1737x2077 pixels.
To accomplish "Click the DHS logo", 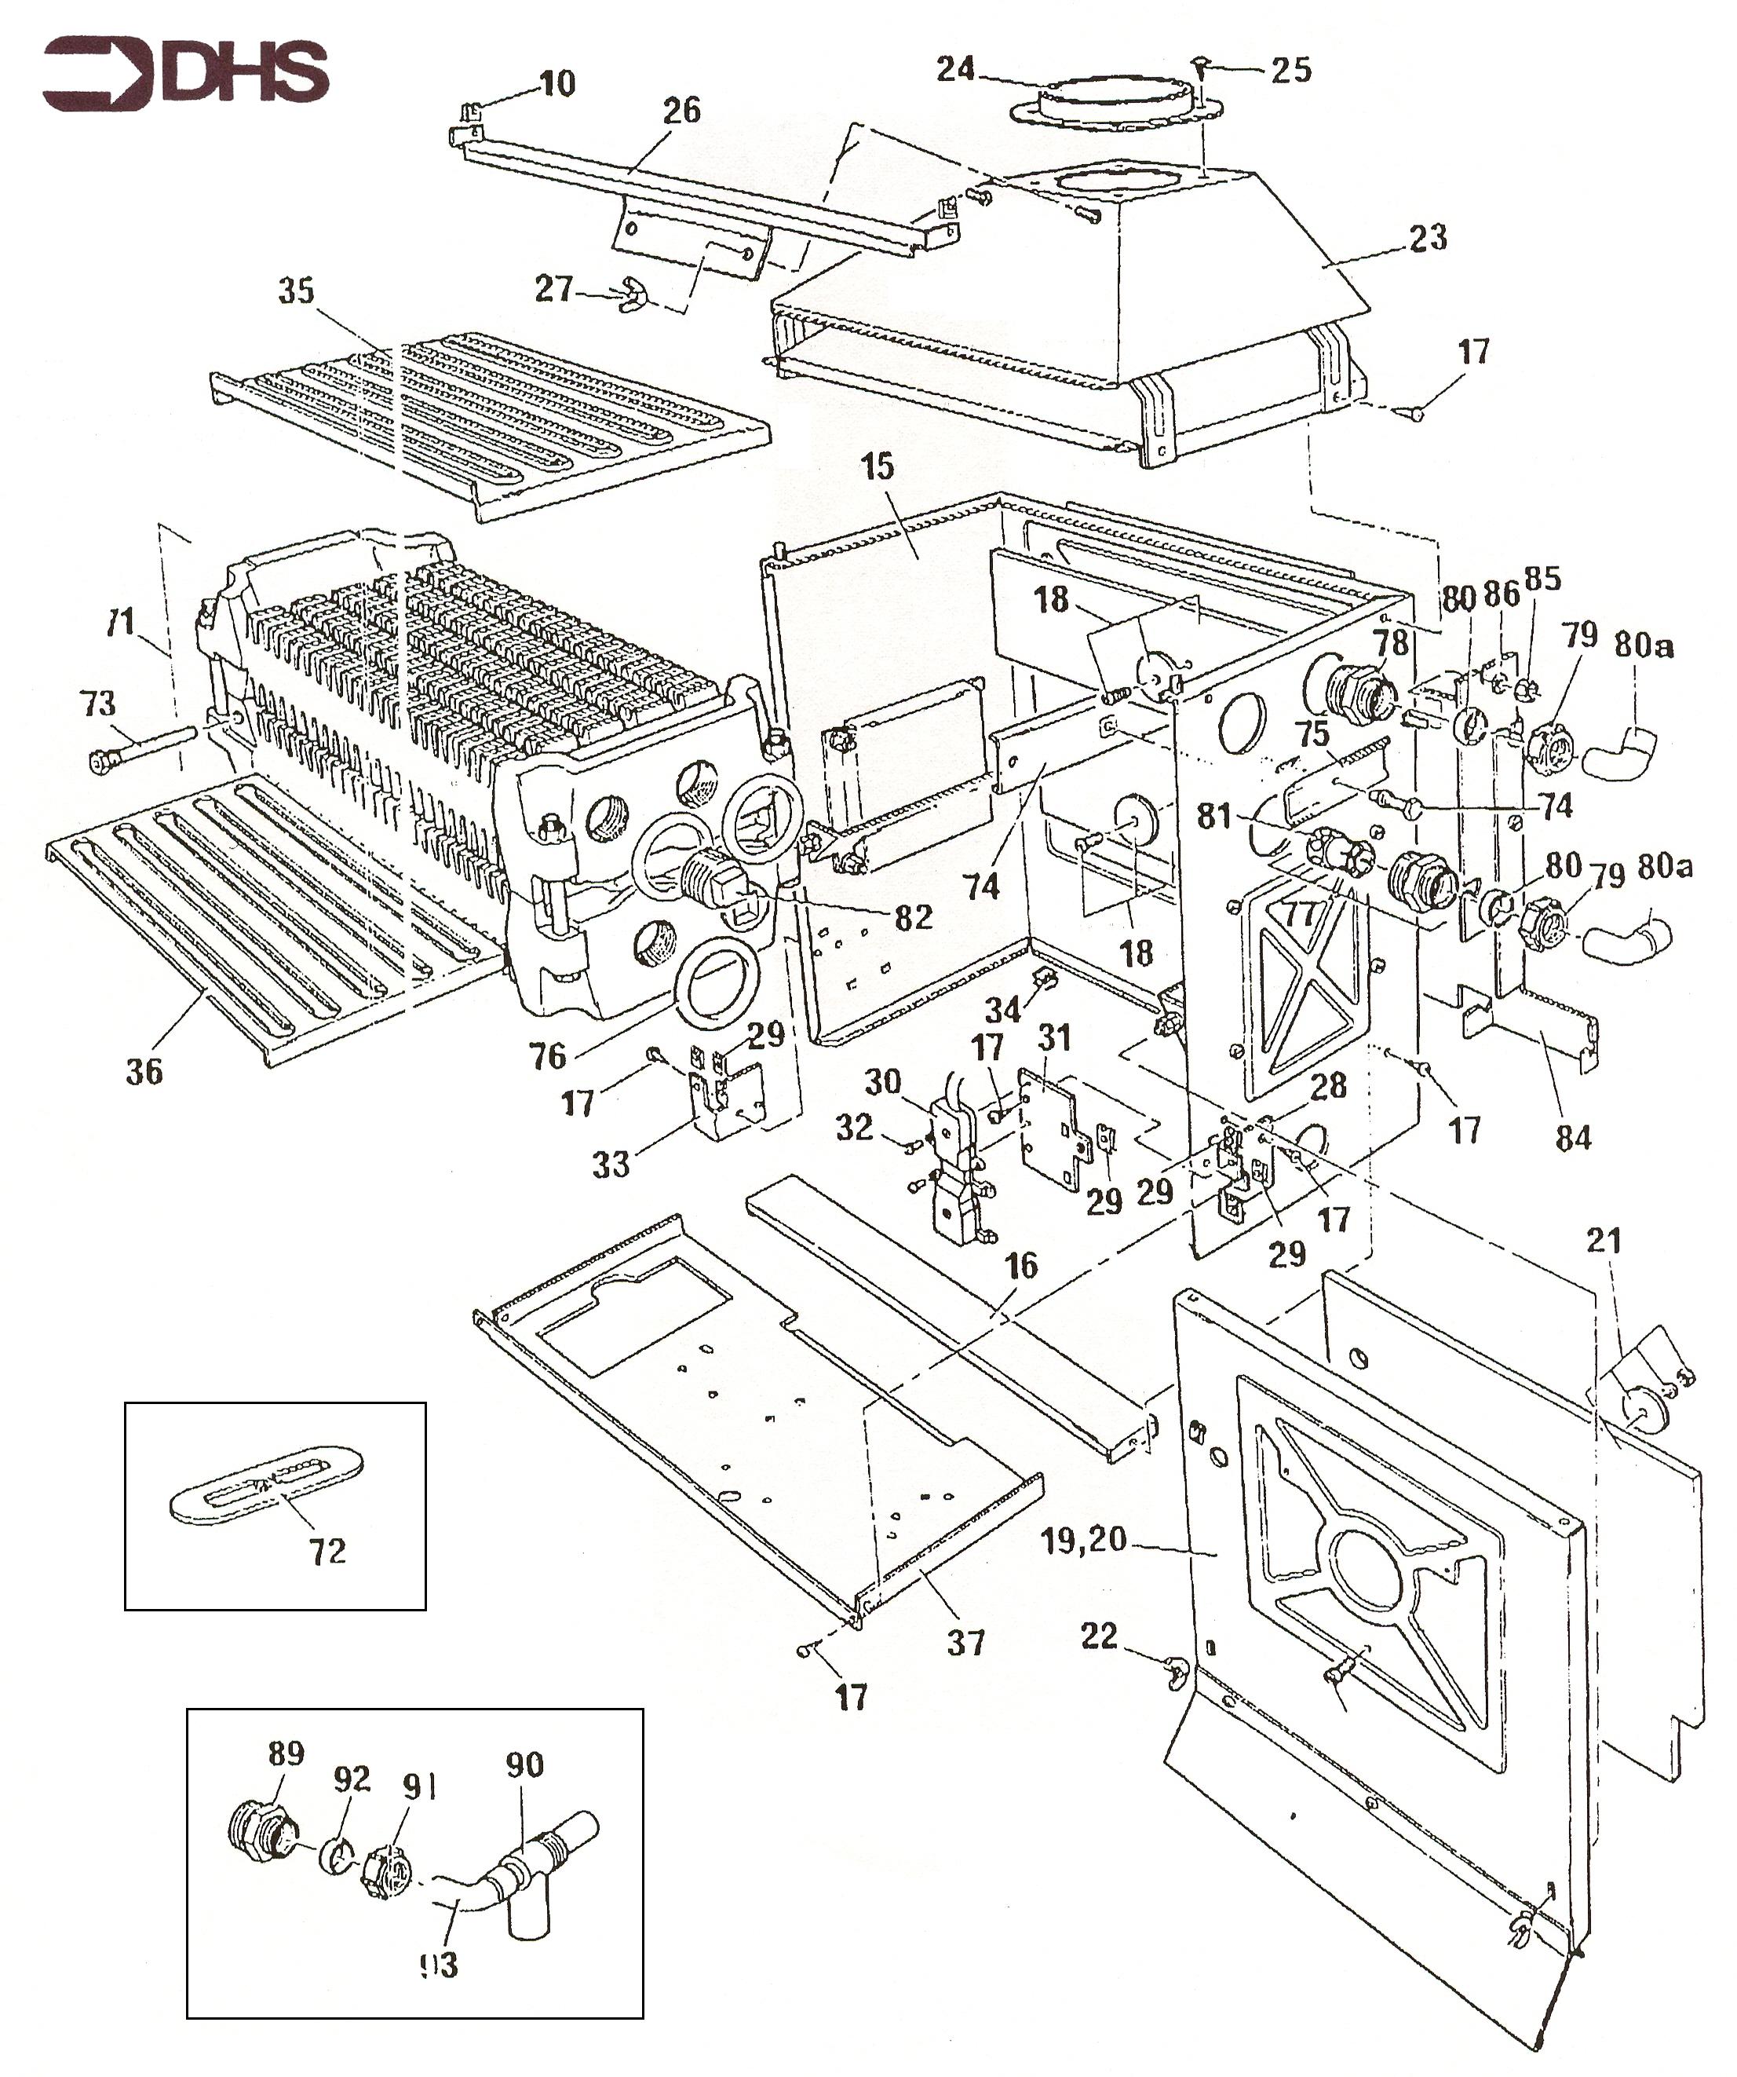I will pyautogui.click(x=185, y=74).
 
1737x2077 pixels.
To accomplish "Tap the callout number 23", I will pyautogui.click(x=1427, y=237).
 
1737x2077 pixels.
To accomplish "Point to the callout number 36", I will pyautogui.click(x=144, y=1070).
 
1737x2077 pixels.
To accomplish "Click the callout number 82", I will pyautogui.click(x=913, y=917).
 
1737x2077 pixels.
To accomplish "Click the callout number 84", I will pyautogui.click(x=1573, y=1137).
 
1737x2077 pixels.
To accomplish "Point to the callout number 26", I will pyautogui.click(x=681, y=111).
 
